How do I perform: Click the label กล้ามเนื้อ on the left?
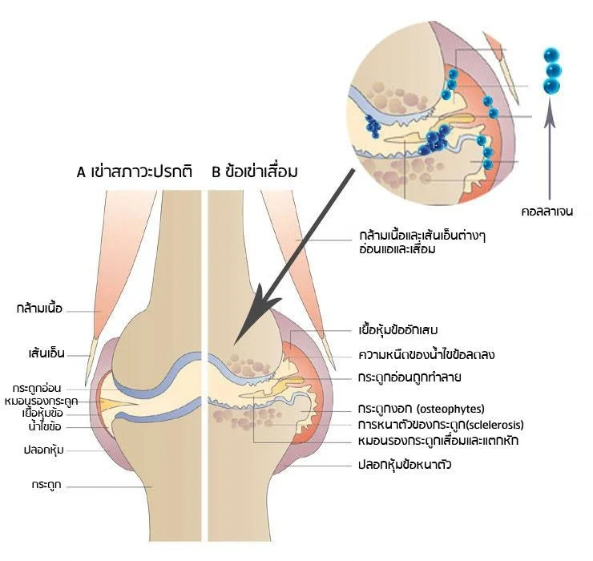pyautogui.click(x=39, y=309)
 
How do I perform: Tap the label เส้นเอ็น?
pyautogui.click(x=46, y=353)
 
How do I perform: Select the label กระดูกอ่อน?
pyautogui.click(x=37, y=388)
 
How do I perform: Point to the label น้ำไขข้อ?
pyautogui.click(x=45, y=426)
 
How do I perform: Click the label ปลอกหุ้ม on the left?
pyautogui.click(x=43, y=450)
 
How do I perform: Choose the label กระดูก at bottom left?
pyautogui.click(x=46, y=485)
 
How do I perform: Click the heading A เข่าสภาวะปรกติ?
pyautogui.click(x=135, y=172)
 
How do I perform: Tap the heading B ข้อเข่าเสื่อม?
pyautogui.click(x=255, y=172)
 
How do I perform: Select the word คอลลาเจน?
pyautogui.click(x=547, y=211)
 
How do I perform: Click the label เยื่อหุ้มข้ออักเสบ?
pyautogui.click(x=397, y=330)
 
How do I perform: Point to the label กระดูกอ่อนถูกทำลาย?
pyautogui.click(x=409, y=377)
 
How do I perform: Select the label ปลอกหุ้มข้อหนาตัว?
pyautogui.click(x=405, y=464)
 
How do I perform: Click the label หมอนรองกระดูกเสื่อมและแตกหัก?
pyautogui.click(x=438, y=441)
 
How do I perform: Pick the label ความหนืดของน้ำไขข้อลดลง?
pyautogui.click(x=426, y=355)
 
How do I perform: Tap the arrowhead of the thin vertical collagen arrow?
pyautogui.click(x=550, y=117)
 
